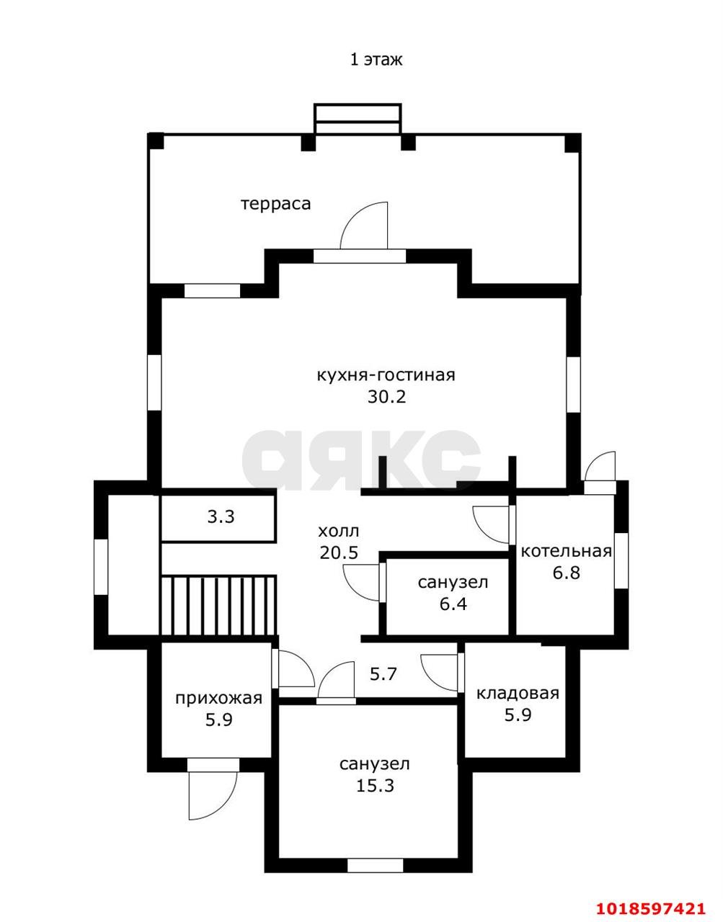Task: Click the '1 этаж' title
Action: coord(376,60)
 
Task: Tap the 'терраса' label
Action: coord(276,204)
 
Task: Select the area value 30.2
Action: coord(387,397)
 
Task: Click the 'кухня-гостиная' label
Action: coord(386,375)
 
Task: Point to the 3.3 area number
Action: coord(221,516)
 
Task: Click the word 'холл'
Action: coord(338,531)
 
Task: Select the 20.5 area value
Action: coord(340,552)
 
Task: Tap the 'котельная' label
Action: coord(567,551)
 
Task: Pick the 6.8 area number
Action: coord(566,573)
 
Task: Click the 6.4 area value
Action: coord(453,604)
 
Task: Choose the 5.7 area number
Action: coord(383,673)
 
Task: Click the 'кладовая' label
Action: coord(518,694)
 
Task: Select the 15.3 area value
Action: coord(375,785)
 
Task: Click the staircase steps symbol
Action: coord(218,605)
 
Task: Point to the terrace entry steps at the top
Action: coord(358,120)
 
